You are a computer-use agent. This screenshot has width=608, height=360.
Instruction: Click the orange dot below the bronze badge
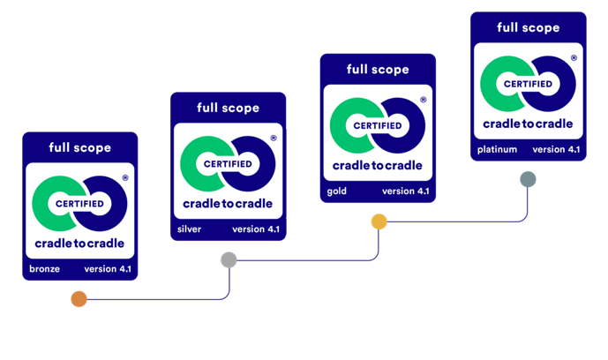coord(79,299)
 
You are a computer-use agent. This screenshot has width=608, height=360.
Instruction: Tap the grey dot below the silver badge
coord(229,259)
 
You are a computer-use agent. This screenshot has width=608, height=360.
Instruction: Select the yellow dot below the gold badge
coord(379,221)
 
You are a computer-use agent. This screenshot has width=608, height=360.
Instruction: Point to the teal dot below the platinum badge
coord(528,180)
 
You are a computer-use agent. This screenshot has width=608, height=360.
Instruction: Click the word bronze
coord(43,269)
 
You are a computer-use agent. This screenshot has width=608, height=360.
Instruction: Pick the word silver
coord(190,229)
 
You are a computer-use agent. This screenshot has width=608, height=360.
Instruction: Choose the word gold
coord(336,191)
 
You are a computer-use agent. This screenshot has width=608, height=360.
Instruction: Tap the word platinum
coord(497,149)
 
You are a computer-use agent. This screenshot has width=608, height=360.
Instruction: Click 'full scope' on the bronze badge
coord(80,147)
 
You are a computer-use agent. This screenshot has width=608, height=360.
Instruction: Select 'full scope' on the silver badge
coord(229,108)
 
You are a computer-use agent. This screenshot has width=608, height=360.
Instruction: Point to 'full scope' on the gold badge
coord(378,69)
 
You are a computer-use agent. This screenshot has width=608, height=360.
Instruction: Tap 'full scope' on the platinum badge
coord(528,27)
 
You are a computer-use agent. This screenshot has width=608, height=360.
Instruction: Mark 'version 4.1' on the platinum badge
coord(556,149)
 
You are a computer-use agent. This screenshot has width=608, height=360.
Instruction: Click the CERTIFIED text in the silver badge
coord(228,164)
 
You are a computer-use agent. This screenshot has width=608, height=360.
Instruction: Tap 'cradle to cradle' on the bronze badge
coord(79,243)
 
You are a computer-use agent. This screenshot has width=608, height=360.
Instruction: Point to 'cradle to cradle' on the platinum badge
coord(528,124)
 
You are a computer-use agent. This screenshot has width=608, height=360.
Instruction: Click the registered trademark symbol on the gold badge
coord(423,100)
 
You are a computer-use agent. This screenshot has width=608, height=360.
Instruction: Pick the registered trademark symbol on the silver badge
coord(274,139)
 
